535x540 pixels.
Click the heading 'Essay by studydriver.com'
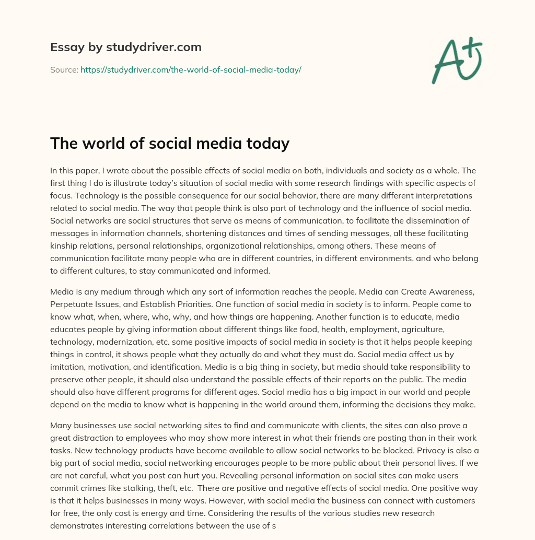(125, 47)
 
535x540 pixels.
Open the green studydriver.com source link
(191, 69)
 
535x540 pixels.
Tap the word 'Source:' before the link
(64, 69)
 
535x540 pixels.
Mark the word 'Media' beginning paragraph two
(62, 292)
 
